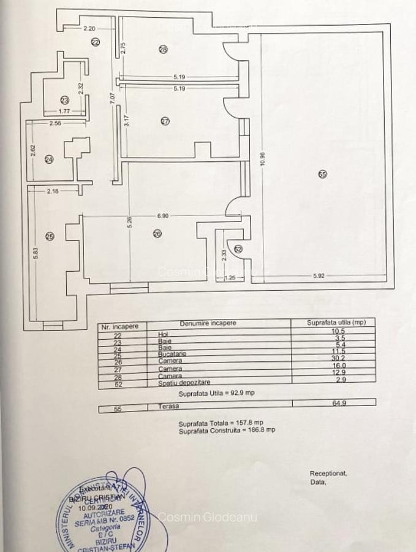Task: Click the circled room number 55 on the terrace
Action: tap(323, 174)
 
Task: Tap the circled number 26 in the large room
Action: tap(157, 233)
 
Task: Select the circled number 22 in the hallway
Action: tap(96, 42)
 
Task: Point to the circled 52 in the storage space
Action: tap(238, 248)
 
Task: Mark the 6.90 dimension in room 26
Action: tap(162, 217)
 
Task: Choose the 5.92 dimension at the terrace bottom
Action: tap(318, 275)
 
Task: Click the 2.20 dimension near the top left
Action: tap(89, 28)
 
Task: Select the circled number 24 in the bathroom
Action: tap(50, 159)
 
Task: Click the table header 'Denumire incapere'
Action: tap(208, 323)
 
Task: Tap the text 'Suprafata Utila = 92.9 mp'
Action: tap(217, 393)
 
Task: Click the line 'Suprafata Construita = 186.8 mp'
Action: tap(227, 430)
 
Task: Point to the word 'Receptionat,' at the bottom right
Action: tap(329, 473)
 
